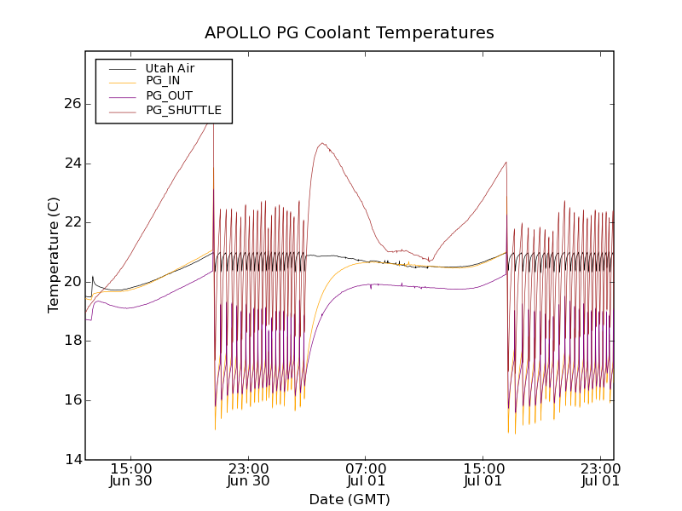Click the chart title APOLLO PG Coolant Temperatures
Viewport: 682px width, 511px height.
coord(350,33)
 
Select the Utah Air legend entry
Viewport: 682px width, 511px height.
coord(170,68)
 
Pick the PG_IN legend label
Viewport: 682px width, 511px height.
coord(163,81)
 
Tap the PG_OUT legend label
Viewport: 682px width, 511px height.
coord(169,95)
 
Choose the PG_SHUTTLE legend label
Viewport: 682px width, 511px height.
coord(183,110)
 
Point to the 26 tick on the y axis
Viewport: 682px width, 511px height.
coord(72,104)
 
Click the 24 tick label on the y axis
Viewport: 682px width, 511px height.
coord(72,164)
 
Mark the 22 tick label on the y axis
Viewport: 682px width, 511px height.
coord(72,222)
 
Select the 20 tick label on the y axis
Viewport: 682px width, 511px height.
coord(72,282)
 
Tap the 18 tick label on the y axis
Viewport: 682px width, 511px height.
coord(72,341)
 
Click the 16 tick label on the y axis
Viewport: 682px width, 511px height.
coord(72,400)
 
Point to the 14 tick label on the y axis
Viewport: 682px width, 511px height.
coord(72,460)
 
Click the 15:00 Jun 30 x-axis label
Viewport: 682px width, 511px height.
coord(131,474)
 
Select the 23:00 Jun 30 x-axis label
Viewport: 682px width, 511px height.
coord(249,474)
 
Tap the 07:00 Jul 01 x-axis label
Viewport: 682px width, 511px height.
coord(367,474)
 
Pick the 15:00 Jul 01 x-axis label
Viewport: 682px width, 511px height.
coord(483,474)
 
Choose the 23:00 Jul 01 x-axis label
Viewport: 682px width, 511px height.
coord(601,474)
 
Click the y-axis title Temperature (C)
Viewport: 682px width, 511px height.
coord(54,255)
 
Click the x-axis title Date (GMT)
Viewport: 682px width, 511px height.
coord(350,499)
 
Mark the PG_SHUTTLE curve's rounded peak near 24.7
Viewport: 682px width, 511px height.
coord(321,144)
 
